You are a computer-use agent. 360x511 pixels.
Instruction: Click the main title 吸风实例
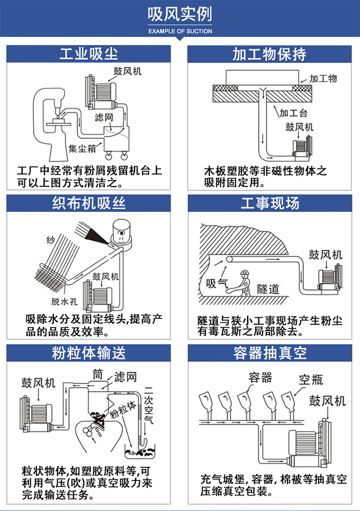(180, 14)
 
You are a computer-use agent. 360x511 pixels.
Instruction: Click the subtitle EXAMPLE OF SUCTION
(180, 31)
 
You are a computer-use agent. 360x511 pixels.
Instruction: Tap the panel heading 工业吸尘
(89, 54)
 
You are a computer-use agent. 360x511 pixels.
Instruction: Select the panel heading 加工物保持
(269, 54)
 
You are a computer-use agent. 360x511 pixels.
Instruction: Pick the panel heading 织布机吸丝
(89, 203)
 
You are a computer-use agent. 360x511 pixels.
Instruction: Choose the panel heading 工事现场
(270, 203)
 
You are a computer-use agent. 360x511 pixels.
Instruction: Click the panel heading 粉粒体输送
(89, 353)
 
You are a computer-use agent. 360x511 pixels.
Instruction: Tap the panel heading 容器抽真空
(270, 353)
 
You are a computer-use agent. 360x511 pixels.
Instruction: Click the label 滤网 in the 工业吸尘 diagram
(104, 117)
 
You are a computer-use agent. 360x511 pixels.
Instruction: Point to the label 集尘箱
(82, 149)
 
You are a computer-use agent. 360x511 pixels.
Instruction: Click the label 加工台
(293, 113)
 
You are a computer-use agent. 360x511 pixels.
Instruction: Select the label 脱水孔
(64, 301)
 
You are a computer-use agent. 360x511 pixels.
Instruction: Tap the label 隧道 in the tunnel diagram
(268, 289)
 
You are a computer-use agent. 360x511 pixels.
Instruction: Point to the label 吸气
(217, 283)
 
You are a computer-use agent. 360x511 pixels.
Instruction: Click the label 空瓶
(311, 380)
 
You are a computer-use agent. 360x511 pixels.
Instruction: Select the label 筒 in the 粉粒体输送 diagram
(98, 374)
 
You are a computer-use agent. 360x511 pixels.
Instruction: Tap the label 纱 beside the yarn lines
(51, 240)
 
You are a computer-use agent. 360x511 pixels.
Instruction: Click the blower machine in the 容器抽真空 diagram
(308, 442)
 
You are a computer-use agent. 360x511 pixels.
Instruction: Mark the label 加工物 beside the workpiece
(323, 79)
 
